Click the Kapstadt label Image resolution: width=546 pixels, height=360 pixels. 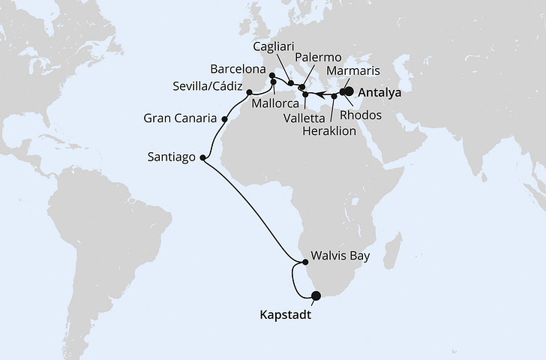[284, 316]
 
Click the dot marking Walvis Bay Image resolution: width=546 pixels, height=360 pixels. [304, 262]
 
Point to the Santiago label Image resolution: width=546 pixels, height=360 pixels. [172, 157]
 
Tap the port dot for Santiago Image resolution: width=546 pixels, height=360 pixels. [204, 158]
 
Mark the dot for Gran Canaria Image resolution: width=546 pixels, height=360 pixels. [224, 118]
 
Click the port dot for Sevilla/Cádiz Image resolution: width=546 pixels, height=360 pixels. [249, 92]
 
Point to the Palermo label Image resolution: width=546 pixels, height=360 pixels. [318, 57]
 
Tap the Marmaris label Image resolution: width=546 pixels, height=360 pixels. [355, 70]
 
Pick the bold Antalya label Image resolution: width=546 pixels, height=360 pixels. [380, 94]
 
